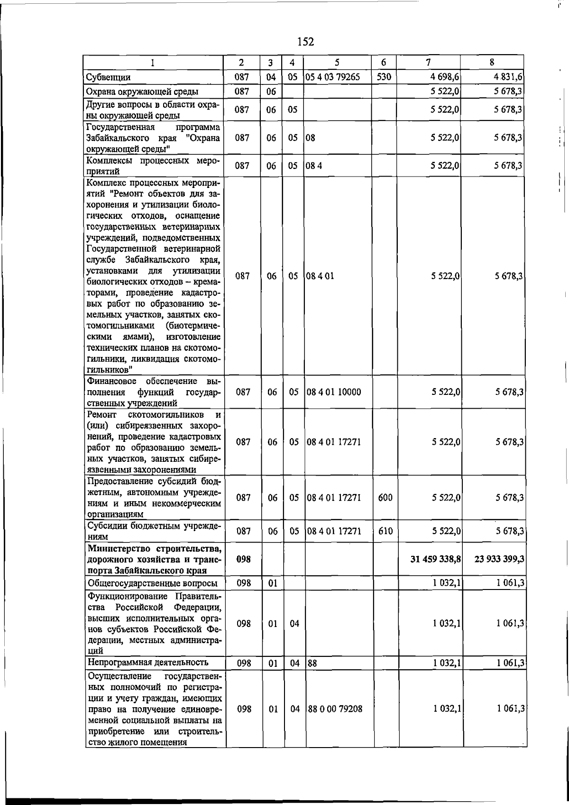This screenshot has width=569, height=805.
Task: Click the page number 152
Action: [305, 42]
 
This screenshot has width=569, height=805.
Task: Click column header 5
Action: [337, 62]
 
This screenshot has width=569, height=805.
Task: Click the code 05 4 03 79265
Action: [332, 77]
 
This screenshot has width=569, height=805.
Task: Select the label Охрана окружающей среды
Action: [142, 92]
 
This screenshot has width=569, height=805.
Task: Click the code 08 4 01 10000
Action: [334, 392]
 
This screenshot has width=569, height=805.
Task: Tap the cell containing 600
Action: [385, 497]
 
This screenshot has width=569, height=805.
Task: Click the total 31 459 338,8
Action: [436, 559]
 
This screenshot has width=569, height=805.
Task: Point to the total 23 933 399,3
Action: [499, 559]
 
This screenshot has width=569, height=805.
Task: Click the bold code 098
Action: [243, 559]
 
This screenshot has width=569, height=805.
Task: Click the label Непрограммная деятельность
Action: [148, 662]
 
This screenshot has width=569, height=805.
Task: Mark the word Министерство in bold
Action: [117, 549]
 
